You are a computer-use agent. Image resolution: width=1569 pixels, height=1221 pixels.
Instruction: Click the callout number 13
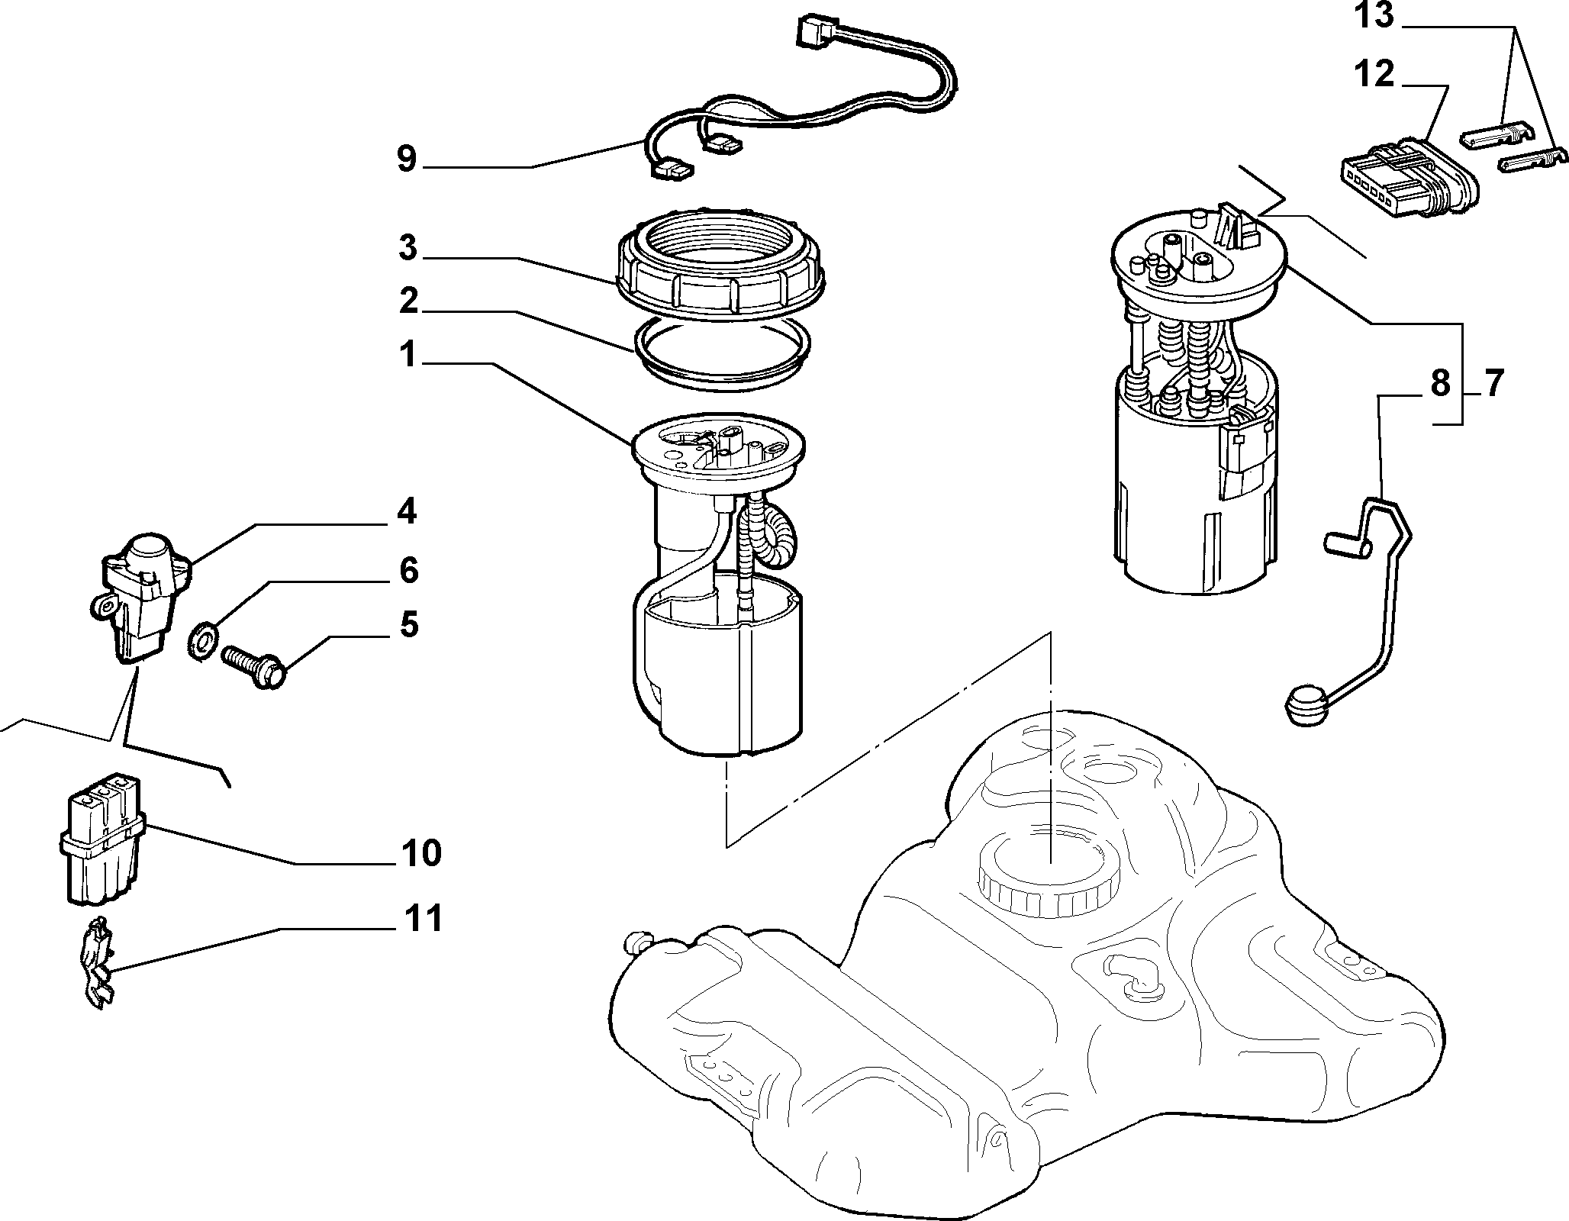click(x=1374, y=16)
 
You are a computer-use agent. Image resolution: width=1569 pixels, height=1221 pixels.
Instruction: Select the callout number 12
click(x=1374, y=75)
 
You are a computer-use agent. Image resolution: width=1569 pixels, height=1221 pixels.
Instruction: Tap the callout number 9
click(x=407, y=159)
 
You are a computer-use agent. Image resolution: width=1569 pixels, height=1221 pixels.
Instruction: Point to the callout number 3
click(x=408, y=248)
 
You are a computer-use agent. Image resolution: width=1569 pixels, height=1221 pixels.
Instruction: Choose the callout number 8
click(x=1440, y=384)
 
